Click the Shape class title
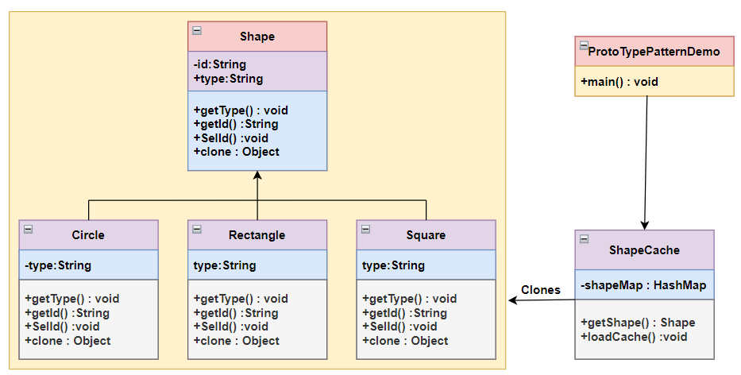point(257,37)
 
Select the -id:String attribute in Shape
point(219,64)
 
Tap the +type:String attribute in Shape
point(228,79)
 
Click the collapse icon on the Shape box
point(197,31)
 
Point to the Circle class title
point(87,235)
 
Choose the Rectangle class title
point(257,235)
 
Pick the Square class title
point(426,235)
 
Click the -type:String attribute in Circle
point(58,265)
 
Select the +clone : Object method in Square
point(405,341)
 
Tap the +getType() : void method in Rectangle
point(241,299)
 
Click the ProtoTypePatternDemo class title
point(654,52)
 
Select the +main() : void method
point(619,82)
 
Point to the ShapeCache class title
point(644,250)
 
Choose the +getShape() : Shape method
point(638,323)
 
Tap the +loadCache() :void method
point(634,336)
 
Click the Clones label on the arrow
point(540,290)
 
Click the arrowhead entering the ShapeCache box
point(644,225)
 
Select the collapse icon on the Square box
point(365,229)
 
